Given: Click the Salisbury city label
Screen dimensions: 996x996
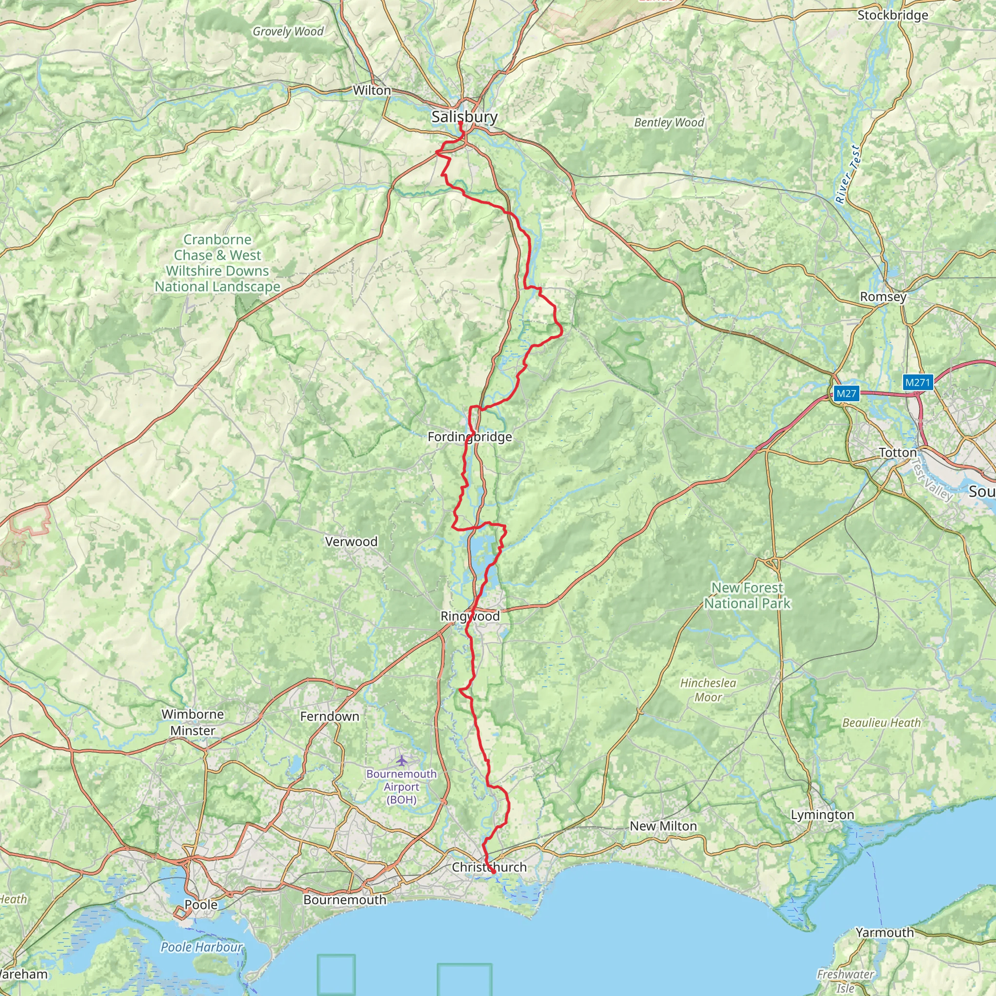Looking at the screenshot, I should [x=464, y=117].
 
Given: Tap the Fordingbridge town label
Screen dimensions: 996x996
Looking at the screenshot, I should [x=470, y=437].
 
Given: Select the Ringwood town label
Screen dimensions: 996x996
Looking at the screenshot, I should [x=470, y=616].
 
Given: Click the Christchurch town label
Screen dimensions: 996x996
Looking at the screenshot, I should [x=489, y=867].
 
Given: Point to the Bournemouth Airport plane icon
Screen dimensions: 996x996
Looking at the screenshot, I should [x=402, y=760].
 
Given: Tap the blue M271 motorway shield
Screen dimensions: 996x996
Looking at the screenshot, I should [x=917, y=383].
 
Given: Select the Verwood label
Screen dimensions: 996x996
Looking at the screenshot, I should [x=351, y=542].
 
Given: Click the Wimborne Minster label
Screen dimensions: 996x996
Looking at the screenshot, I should [x=192, y=722].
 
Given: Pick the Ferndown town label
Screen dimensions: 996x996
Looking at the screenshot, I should [x=329, y=716].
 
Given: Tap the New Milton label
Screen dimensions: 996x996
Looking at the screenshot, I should [x=663, y=826].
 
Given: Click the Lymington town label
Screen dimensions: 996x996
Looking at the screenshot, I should [x=822, y=815].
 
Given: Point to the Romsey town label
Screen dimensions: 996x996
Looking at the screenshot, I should [x=883, y=297].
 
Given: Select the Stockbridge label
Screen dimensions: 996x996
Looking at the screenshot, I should [x=892, y=16].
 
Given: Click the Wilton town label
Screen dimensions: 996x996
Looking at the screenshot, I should [x=372, y=91].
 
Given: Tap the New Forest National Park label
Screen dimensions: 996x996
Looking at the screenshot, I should [x=747, y=595].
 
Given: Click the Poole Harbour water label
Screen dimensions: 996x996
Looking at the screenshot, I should [x=201, y=947].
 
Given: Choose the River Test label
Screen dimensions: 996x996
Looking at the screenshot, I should [x=848, y=174].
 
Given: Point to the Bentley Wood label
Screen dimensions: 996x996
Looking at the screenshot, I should [x=669, y=123].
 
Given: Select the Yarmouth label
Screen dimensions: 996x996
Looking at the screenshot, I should [x=885, y=933].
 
